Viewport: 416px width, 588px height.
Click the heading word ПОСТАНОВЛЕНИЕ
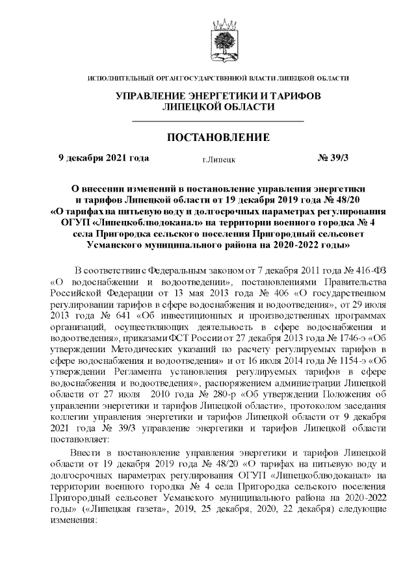(218, 138)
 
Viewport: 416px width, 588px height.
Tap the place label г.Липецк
(219, 159)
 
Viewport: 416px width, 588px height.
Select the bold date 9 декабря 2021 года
(104, 158)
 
